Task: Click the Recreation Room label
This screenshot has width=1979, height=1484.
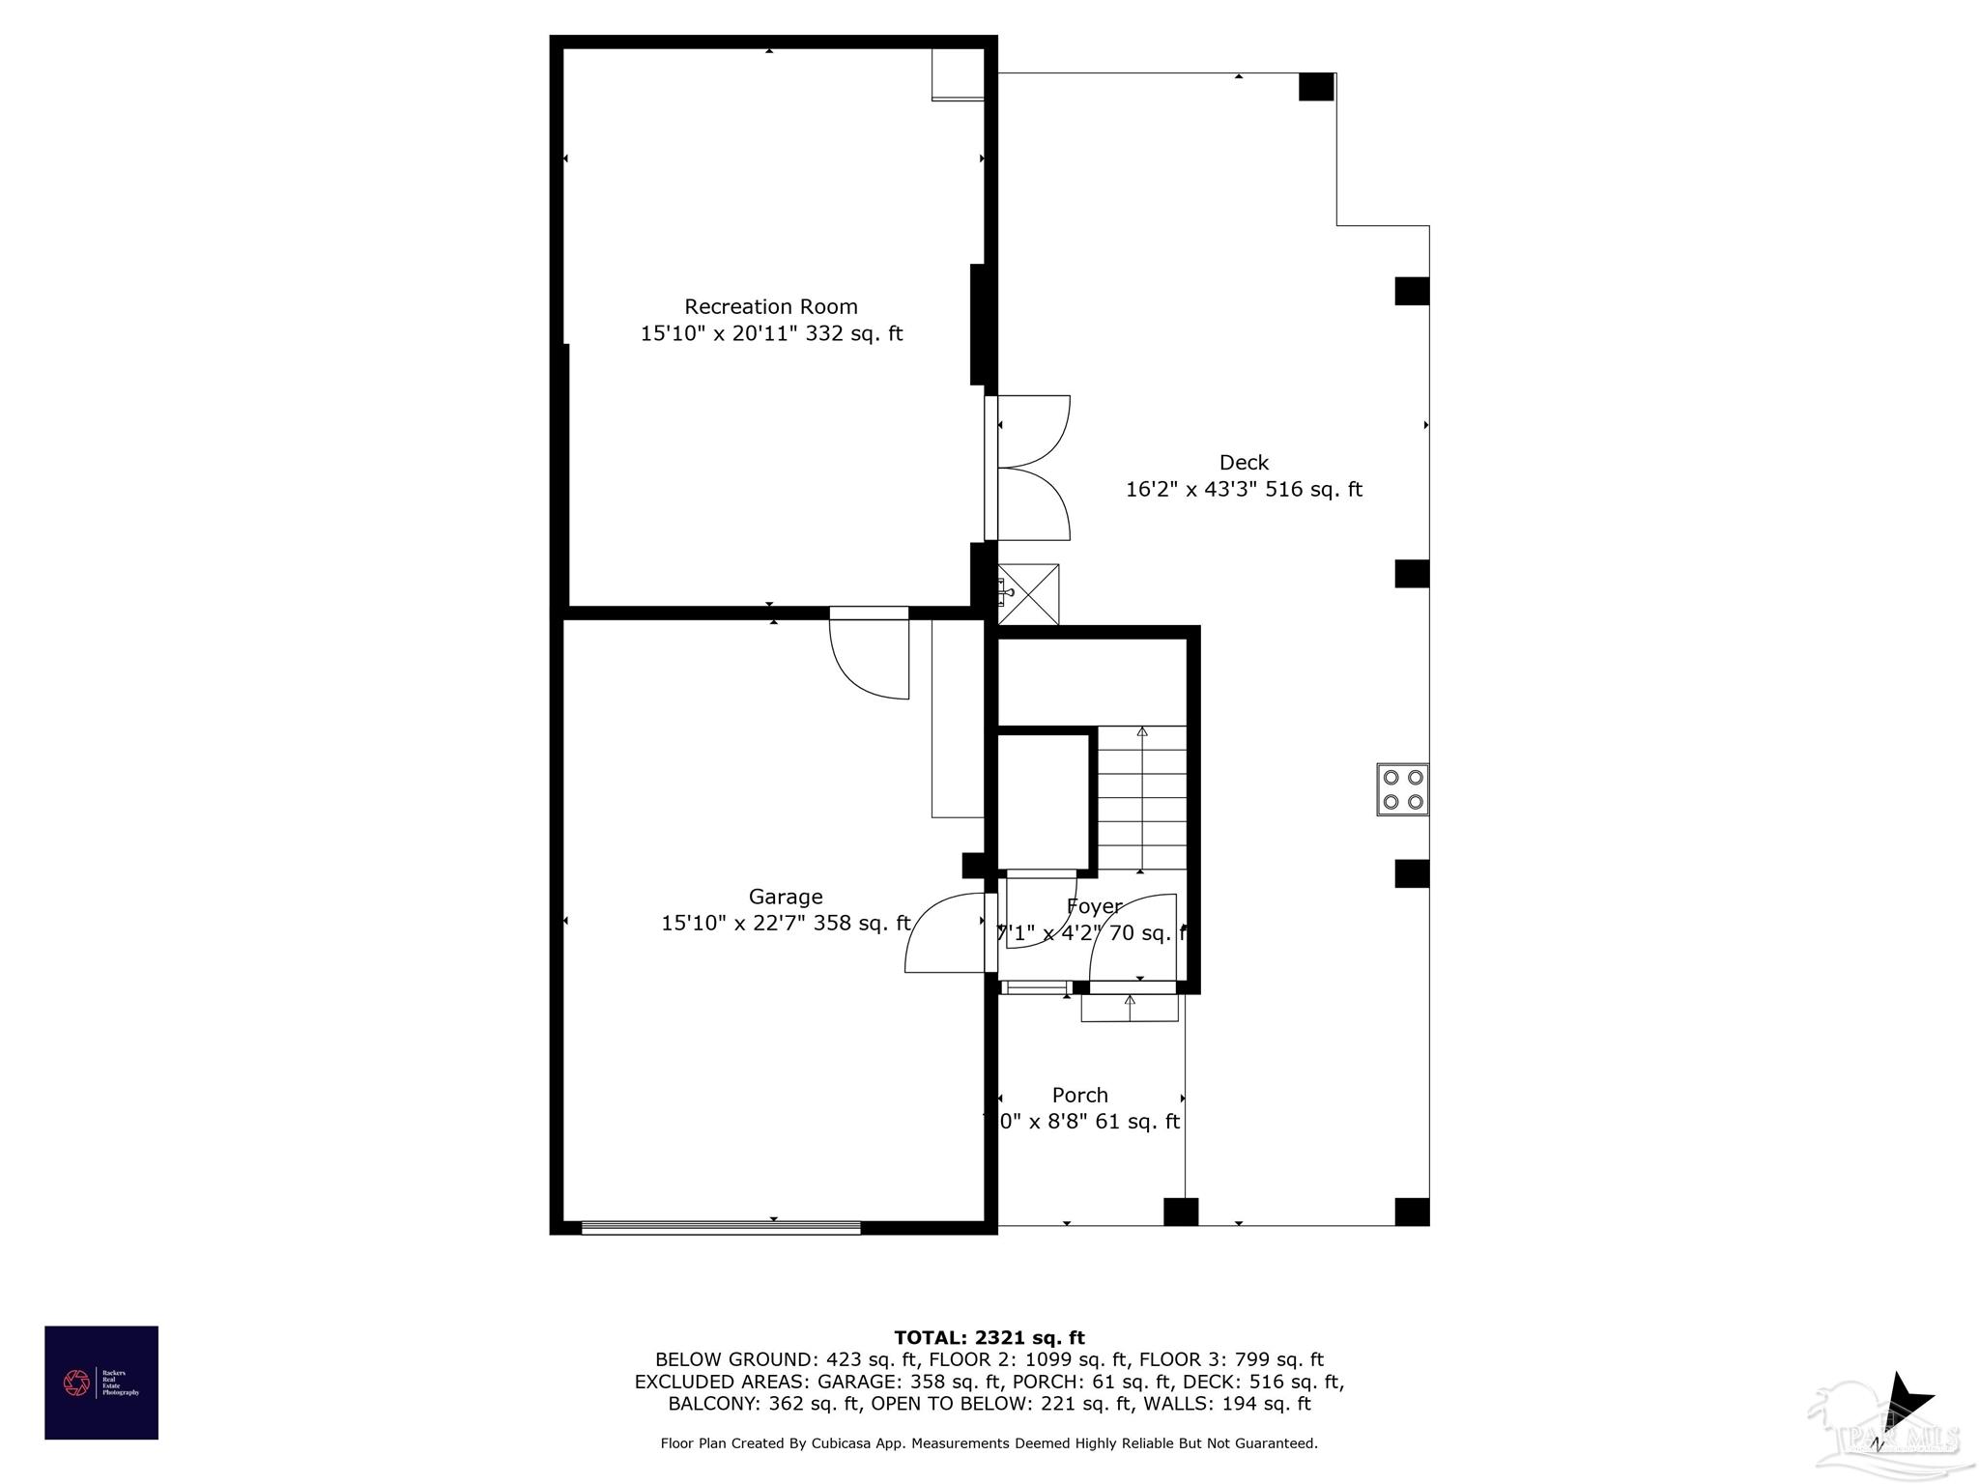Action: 770,307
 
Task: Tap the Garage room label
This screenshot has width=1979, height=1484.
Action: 785,897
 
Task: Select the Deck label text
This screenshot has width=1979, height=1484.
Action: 1244,463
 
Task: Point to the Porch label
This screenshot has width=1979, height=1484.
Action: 1079,1095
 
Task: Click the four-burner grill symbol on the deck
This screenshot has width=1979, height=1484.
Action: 1402,789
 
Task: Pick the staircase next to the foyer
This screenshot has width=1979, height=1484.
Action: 1142,798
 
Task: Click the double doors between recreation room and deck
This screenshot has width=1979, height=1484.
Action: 1030,468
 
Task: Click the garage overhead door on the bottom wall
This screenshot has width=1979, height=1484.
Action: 721,1227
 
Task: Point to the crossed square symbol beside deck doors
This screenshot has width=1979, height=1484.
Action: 1028,594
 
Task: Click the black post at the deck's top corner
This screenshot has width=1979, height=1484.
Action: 1316,87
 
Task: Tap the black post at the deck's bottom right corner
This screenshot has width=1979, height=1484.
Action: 1412,1212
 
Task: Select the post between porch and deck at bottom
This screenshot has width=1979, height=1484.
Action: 1180,1212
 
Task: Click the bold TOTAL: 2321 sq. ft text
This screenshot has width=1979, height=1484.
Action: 989,1338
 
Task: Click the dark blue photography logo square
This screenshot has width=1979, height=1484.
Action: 101,1383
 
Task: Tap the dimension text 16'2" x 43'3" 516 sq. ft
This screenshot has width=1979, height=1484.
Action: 1244,490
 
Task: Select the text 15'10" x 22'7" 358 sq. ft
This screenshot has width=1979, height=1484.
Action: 785,924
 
